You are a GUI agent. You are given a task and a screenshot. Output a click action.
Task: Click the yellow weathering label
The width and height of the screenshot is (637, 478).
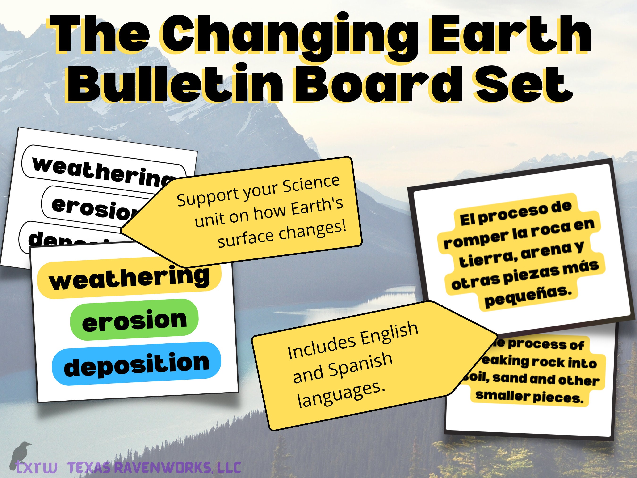pos(129,278)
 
